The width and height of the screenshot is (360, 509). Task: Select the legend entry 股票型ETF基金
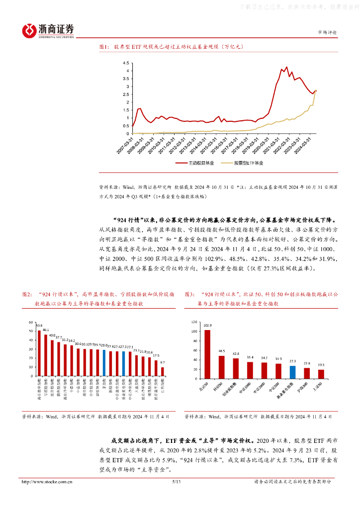pyautogui.click(x=248, y=163)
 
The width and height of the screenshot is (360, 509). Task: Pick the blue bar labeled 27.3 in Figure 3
pyautogui.click(x=293, y=372)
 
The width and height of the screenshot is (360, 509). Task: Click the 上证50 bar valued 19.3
pyautogui.click(x=321, y=374)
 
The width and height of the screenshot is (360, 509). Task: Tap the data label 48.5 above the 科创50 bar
pyautogui.click(x=222, y=351)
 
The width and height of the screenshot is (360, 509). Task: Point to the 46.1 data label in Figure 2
pyautogui.click(x=46, y=330)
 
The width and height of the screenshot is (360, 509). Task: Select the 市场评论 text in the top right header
pyautogui.click(x=327, y=31)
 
